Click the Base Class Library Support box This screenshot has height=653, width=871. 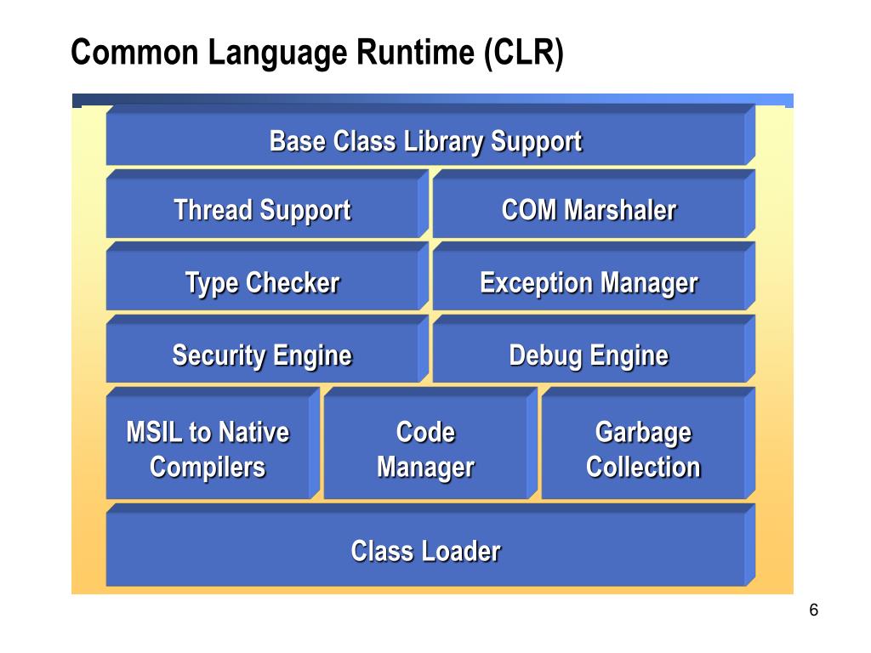pyautogui.click(x=430, y=135)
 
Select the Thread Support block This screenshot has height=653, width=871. pyautogui.click(x=267, y=204)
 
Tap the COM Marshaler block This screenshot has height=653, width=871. pyautogui.click(x=594, y=204)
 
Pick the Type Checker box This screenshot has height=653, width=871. pyautogui.click(x=267, y=276)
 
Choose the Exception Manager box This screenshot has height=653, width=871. pyautogui.click(x=594, y=276)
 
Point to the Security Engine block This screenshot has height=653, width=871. pyautogui.click(x=267, y=349)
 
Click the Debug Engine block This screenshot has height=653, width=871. pyautogui.click(x=594, y=349)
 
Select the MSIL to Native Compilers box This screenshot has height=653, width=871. pyautogui.click(x=213, y=443)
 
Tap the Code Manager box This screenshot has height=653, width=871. pyautogui.click(x=430, y=443)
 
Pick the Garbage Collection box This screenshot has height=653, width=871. pyautogui.click(x=648, y=443)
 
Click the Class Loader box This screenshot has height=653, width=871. pyautogui.click(x=430, y=545)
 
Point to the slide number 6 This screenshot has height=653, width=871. pyautogui.click(x=814, y=610)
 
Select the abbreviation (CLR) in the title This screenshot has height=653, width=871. pyautogui.click(x=524, y=54)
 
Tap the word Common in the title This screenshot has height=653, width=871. pyautogui.click(x=134, y=52)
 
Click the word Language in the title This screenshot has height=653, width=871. pyautogui.click(x=277, y=54)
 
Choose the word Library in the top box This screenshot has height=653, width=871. pyautogui.click(x=443, y=142)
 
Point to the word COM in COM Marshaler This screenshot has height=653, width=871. pyautogui.click(x=529, y=210)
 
